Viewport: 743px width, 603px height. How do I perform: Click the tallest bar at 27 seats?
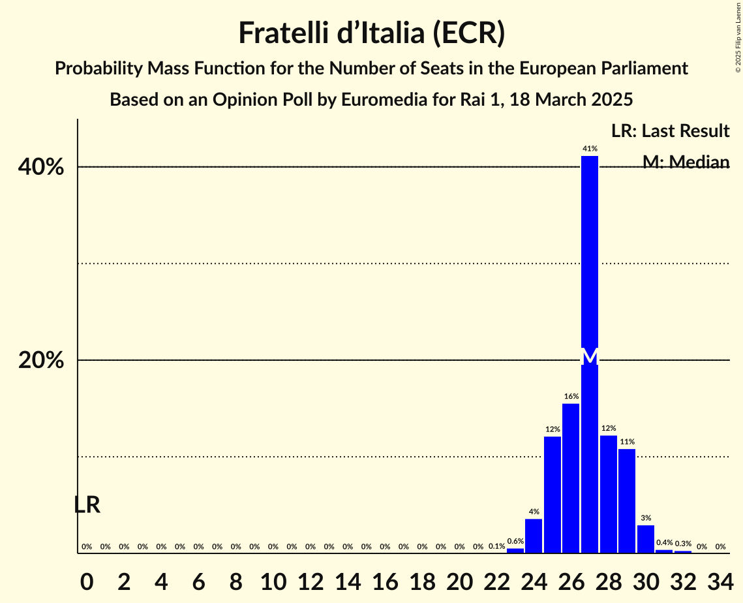coord(590,261)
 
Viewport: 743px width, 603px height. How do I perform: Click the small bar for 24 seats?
coord(534,536)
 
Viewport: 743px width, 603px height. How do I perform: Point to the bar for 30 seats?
coord(646,539)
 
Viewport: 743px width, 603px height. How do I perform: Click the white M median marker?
coord(590,357)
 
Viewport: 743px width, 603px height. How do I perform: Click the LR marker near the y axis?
coord(87,504)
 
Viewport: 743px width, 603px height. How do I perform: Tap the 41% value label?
coord(590,149)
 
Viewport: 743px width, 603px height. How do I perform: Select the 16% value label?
coord(571,396)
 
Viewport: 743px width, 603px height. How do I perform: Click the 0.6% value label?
coord(515,541)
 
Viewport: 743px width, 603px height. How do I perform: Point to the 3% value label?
coord(646,518)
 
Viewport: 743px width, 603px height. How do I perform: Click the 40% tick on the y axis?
coord(40,167)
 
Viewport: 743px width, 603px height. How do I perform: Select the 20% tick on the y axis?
coord(40,360)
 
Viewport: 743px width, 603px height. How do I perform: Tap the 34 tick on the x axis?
coord(720,578)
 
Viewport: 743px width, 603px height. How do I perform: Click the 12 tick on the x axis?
coord(311,578)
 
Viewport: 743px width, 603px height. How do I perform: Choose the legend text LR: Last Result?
coord(670,131)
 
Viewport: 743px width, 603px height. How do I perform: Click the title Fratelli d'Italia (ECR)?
coord(371,33)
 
